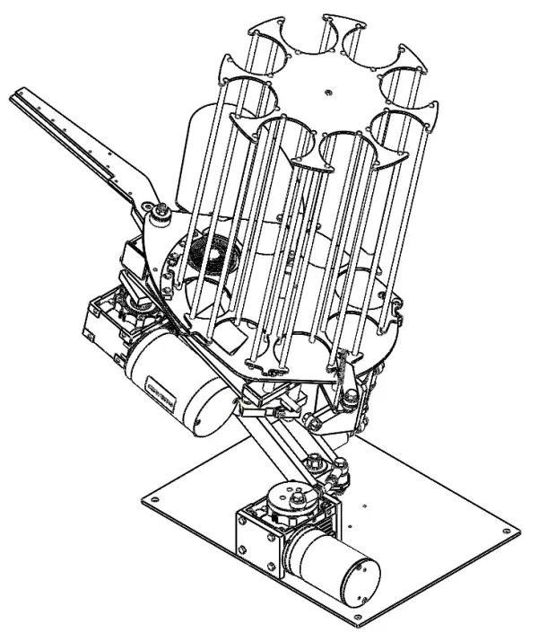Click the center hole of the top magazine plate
tap(330, 90)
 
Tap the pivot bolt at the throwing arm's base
tap(161, 210)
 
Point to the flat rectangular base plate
tap(421, 539)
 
